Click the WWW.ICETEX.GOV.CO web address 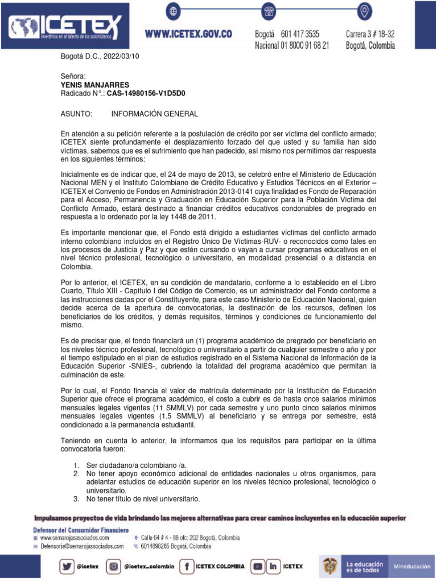coord(188,34)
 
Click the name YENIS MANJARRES coord(95,85)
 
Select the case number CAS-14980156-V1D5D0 coord(146,93)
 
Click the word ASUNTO coord(76,114)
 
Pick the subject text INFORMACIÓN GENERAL coord(154,114)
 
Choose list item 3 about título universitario coord(143,499)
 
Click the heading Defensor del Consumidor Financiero coord(80,530)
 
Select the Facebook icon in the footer coord(186,566)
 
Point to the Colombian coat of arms coord(330,567)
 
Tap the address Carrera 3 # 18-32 coord(370,34)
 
